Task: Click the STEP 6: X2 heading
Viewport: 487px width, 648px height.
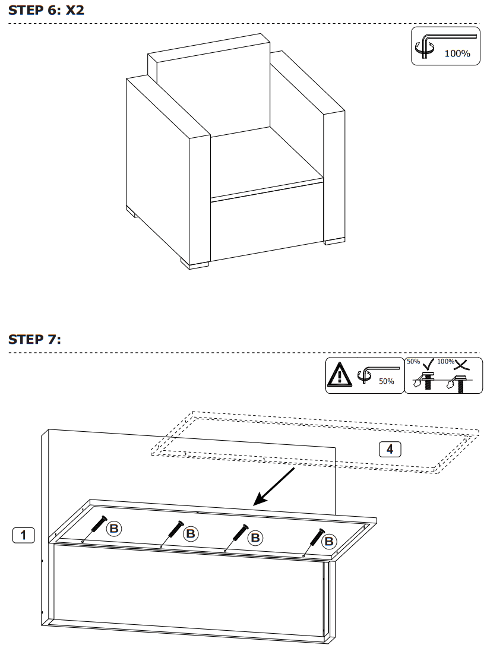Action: coord(50,10)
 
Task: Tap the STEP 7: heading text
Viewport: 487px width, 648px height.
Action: coord(34,340)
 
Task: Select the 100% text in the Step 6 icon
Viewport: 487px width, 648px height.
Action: coord(457,53)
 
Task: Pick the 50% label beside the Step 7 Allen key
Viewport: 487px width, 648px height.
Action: coord(387,381)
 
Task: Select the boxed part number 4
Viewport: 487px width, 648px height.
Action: coord(390,449)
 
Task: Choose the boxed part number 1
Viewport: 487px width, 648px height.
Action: coord(23,535)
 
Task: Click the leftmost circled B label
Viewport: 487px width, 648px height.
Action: coord(113,528)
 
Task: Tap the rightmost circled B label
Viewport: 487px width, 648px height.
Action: coord(328,541)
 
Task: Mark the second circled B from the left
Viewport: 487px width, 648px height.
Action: coord(190,533)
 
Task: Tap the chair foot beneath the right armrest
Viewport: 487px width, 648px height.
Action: coord(333,241)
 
